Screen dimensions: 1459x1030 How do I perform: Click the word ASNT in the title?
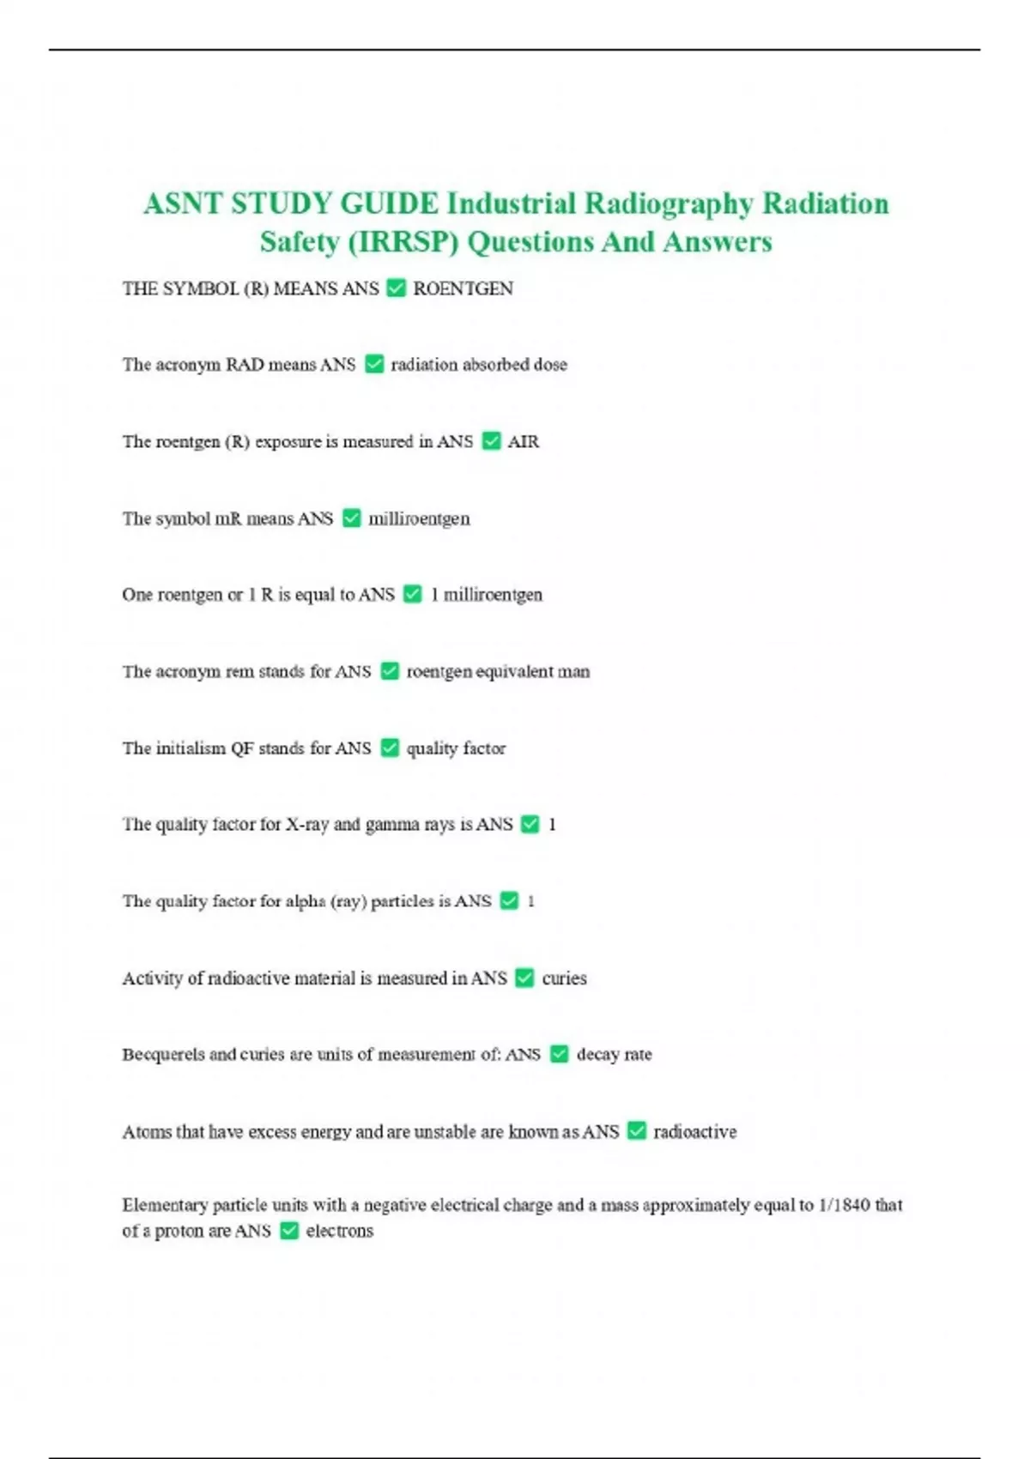click(x=182, y=204)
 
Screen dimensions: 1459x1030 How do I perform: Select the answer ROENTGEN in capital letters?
click(x=463, y=289)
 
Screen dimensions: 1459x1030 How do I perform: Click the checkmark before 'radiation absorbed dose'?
click(x=374, y=365)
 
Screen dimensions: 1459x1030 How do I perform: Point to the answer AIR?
click(x=523, y=442)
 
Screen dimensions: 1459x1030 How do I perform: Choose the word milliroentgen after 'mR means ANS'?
click(x=419, y=518)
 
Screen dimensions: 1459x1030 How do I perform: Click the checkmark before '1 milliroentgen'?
click(x=413, y=595)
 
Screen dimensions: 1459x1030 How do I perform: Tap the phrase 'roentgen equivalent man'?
click(x=498, y=672)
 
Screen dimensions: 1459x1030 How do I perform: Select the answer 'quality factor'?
click(x=456, y=748)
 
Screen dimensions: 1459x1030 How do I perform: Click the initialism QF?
click(x=241, y=748)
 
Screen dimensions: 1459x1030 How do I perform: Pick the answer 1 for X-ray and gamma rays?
click(x=552, y=825)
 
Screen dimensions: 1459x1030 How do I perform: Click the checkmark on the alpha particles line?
click(x=509, y=901)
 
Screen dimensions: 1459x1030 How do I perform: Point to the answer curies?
click(x=564, y=978)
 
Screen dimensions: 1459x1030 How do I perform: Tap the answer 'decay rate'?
click(x=614, y=1055)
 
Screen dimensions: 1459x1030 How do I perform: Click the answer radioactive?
click(x=694, y=1132)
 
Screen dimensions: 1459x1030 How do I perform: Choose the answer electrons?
click(x=339, y=1232)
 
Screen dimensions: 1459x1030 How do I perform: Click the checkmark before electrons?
click(x=289, y=1232)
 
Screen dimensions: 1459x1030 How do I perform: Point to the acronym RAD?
click(x=244, y=365)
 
